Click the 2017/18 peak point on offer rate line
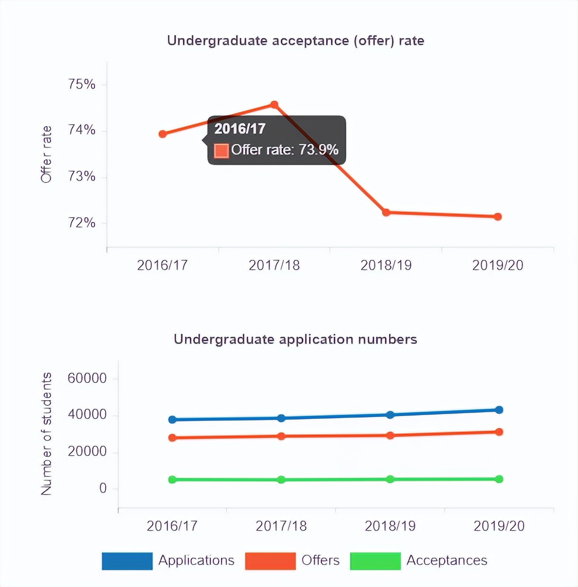tap(274, 104)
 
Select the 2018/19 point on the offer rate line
tap(386, 212)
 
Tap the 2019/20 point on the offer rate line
tap(497, 217)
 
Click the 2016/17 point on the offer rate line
tap(163, 134)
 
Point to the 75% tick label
tap(82, 84)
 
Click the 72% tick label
tap(82, 223)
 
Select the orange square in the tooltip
tap(221, 150)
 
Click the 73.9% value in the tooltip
tap(318, 150)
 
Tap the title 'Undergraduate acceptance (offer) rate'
tap(295, 41)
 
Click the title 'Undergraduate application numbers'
tap(295, 339)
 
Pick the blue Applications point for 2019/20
tap(499, 410)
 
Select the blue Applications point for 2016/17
tap(172, 420)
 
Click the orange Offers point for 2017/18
tap(281, 436)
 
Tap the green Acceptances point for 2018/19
tap(390, 479)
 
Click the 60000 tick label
tap(87, 378)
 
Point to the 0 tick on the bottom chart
tap(103, 488)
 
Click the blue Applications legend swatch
tap(127, 561)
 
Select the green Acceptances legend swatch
tap(375, 561)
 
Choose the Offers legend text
tap(320, 560)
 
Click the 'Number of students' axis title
tap(46, 434)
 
